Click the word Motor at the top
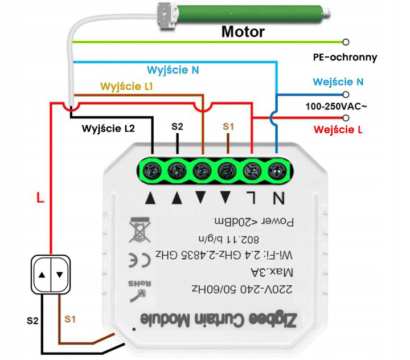[x=243, y=31]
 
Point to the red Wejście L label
[x=338, y=130]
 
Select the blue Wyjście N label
[x=173, y=70]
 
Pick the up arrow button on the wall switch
[x=44, y=274]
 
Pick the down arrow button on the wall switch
[x=60, y=274]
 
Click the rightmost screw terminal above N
[x=277, y=169]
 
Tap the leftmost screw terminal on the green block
[x=151, y=169]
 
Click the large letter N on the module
[x=278, y=198]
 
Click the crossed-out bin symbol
[x=137, y=228]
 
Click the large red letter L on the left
[x=40, y=198]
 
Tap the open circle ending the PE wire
[x=346, y=42]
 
